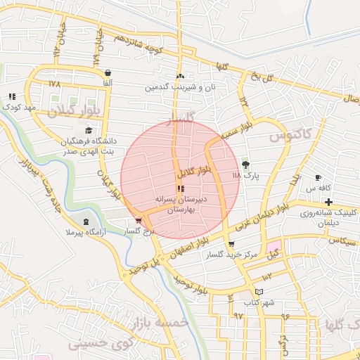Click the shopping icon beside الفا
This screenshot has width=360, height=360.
tap(107, 72)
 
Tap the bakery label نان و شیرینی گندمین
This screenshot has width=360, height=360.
tap(180, 88)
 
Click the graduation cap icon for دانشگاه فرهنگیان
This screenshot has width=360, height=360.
tap(88, 130)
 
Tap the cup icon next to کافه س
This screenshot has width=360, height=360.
tap(319, 177)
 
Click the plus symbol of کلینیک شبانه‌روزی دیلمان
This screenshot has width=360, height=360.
tap(328, 202)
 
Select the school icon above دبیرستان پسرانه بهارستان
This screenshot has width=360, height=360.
tap(180, 188)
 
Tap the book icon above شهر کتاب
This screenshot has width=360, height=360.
tap(259, 292)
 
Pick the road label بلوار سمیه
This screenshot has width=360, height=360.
tap(235, 129)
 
